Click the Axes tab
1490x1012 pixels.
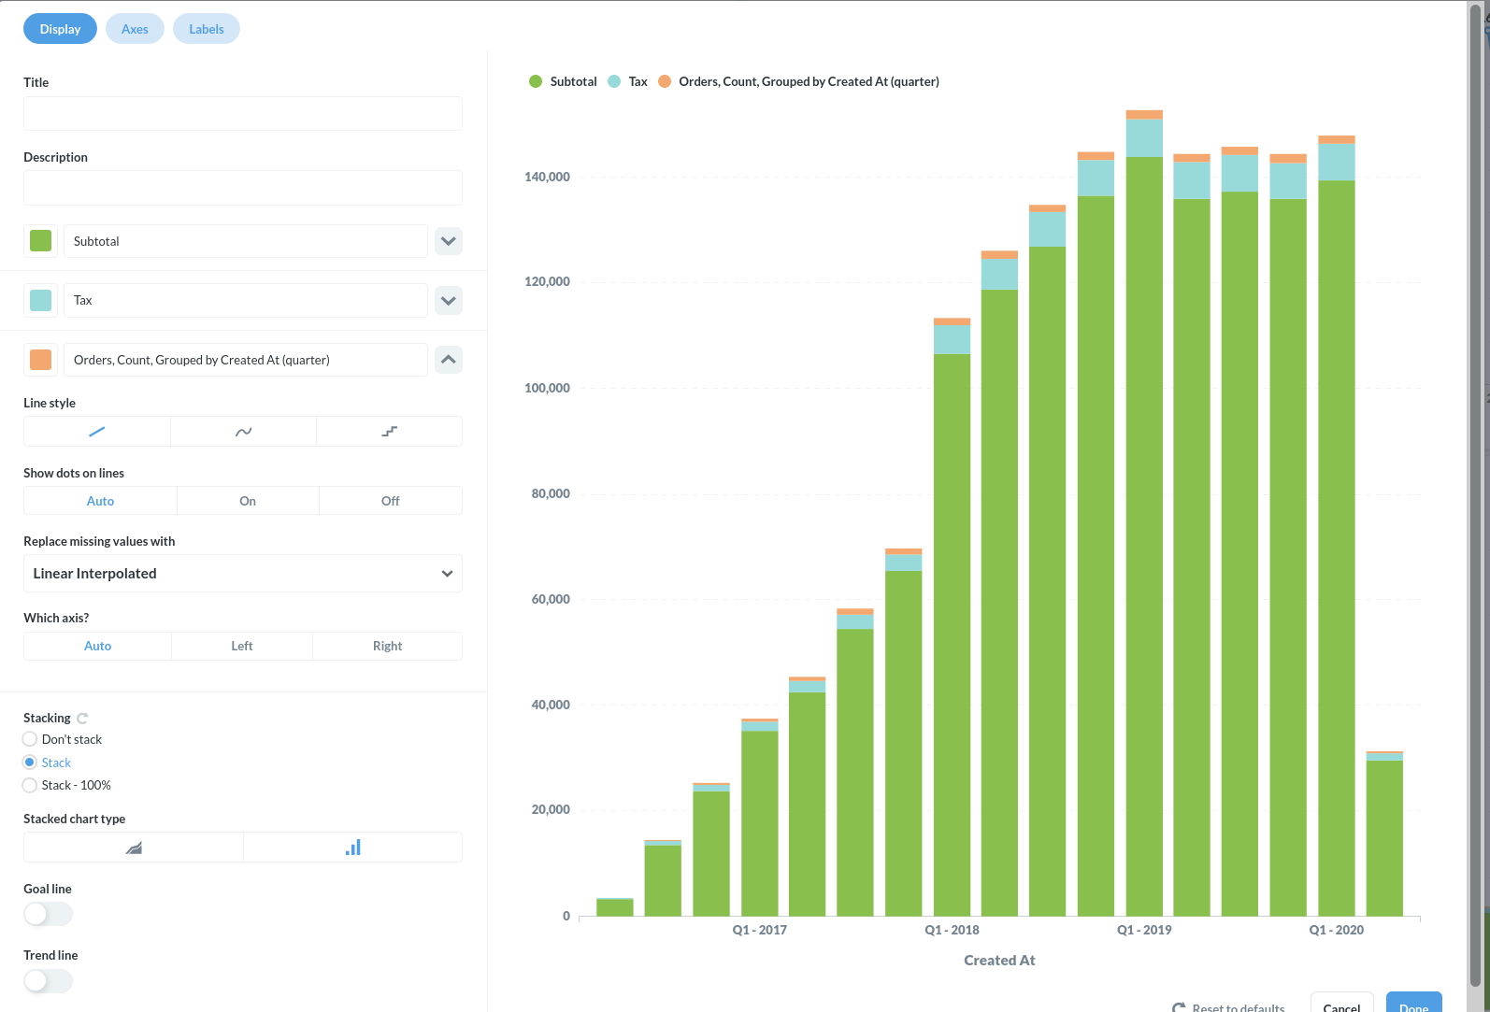click(x=135, y=29)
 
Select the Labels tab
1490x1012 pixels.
click(x=206, y=29)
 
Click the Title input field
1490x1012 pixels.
click(x=242, y=114)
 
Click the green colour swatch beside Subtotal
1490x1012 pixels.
click(x=41, y=241)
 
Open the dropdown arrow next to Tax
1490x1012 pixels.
click(x=449, y=301)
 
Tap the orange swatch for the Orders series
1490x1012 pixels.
click(x=41, y=360)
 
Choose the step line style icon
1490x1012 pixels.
click(x=389, y=432)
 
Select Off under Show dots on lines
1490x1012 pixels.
click(x=390, y=501)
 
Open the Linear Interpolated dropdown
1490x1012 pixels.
click(x=242, y=574)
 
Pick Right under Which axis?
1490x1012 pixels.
click(x=387, y=646)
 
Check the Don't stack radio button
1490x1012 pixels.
click(x=30, y=739)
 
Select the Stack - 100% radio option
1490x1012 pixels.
click(x=30, y=785)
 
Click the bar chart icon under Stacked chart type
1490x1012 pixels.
click(x=352, y=848)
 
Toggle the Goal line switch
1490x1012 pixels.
click(x=48, y=914)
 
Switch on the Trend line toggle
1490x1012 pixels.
click(x=48, y=980)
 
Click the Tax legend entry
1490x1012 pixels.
click(x=638, y=82)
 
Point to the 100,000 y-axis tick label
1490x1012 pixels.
click(x=547, y=388)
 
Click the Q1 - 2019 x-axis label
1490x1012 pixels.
click(x=1144, y=930)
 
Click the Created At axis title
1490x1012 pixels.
click(x=999, y=961)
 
